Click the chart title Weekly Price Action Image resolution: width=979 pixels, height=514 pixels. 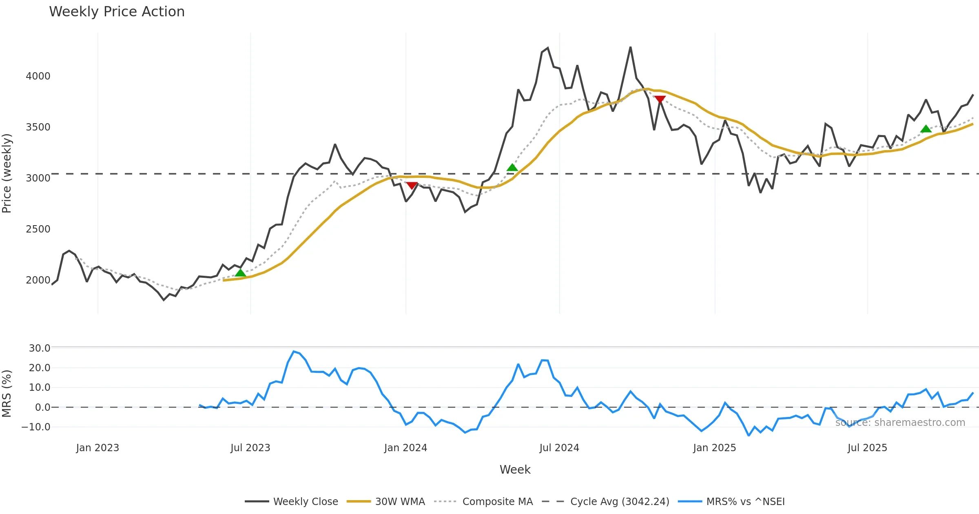pos(117,12)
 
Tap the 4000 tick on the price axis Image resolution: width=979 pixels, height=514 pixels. pos(38,76)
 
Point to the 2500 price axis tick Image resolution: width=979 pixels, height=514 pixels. pos(38,229)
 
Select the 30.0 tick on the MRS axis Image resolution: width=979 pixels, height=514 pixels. pos(40,348)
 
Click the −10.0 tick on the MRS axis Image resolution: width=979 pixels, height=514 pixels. pos(36,427)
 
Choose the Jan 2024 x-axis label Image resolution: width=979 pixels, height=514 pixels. pos(405,448)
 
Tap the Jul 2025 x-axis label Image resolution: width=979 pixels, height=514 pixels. pos(867,448)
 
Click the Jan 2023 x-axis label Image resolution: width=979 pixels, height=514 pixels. pos(97,448)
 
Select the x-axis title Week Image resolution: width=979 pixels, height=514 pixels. pos(515,470)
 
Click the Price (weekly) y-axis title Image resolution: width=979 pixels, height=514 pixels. pos(7,173)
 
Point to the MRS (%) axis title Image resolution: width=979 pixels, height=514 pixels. pos(7,394)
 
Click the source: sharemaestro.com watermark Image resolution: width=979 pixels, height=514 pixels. pos(900,423)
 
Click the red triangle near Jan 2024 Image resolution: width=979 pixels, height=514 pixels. pos(412,186)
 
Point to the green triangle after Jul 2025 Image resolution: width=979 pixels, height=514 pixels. pos(926,129)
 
